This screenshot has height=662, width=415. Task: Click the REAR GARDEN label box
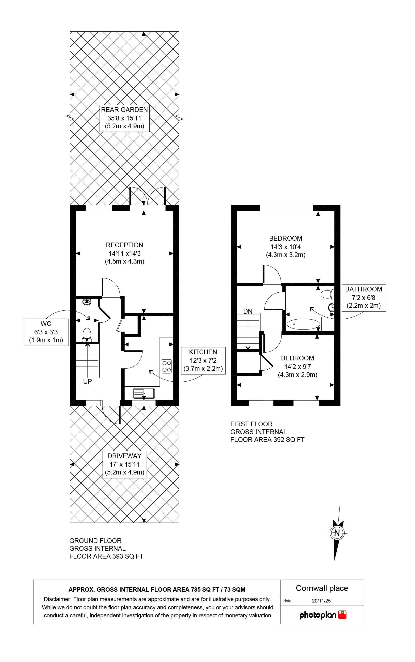[124, 118]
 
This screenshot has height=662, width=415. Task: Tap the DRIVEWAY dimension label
[125, 464]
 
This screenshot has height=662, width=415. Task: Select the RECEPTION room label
[125, 245]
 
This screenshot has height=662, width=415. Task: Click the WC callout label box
[46, 332]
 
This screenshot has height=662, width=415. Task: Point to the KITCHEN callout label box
[203, 361]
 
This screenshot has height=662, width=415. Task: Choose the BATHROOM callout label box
[364, 298]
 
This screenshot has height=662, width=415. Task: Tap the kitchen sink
[144, 393]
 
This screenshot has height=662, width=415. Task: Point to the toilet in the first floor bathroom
[327, 295]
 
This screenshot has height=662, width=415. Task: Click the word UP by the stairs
[88, 382]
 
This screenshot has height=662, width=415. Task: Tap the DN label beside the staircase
[248, 311]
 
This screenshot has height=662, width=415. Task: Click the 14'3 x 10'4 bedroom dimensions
[286, 247]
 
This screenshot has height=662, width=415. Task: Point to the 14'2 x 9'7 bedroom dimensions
[298, 367]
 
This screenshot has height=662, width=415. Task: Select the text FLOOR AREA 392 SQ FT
[267, 440]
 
